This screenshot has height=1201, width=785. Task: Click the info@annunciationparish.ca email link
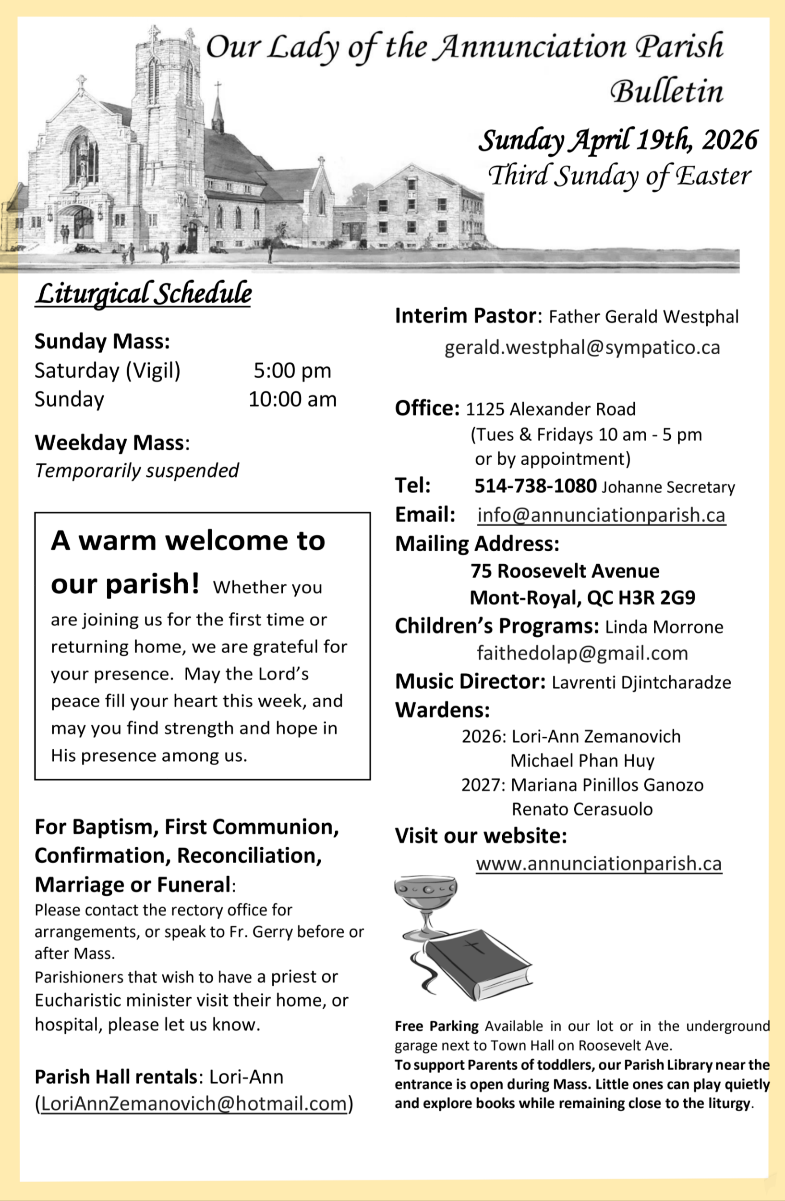[x=601, y=515]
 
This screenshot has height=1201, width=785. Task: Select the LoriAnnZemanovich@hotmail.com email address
[x=193, y=1103]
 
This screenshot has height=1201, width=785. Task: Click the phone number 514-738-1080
[x=535, y=486]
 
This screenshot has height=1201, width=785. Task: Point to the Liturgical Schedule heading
[x=144, y=294]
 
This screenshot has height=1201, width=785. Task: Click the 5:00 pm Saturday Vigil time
[x=292, y=371]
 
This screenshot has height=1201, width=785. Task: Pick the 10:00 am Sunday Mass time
[x=292, y=400]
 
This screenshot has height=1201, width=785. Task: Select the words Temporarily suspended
[x=137, y=471]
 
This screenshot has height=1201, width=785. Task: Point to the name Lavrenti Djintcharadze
[x=641, y=682]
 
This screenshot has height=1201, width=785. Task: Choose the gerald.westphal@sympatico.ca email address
[x=582, y=347]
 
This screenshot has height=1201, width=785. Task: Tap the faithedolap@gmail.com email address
[x=582, y=654]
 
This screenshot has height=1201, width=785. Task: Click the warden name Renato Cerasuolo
[x=582, y=809]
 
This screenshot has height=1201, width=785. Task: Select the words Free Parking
[x=436, y=1026]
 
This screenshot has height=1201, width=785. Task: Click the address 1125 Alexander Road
[x=550, y=409]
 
